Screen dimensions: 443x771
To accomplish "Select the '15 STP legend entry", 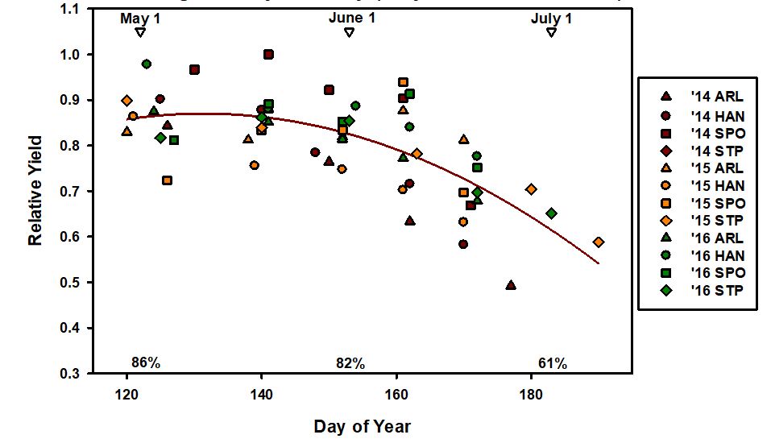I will [x=710, y=221].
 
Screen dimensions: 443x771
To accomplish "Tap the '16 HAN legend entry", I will [x=710, y=256].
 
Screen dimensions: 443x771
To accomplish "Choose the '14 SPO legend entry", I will [x=710, y=133].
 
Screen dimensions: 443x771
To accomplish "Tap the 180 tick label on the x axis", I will [x=532, y=395].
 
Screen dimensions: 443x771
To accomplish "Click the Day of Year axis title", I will [x=362, y=425].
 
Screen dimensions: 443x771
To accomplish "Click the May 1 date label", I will [x=140, y=18].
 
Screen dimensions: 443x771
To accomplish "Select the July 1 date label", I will [x=551, y=18].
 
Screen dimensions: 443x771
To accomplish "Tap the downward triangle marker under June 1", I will [x=349, y=32].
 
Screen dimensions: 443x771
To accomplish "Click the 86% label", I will [x=146, y=363].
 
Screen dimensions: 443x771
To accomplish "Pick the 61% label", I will [x=552, y=363].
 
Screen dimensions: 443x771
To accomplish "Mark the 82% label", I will [x=350, y=363].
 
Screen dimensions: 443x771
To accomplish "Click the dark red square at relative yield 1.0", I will [x=268, y=55].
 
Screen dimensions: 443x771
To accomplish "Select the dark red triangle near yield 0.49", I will [x=511, y=285].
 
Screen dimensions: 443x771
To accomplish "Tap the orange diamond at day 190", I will [x=599, y=242].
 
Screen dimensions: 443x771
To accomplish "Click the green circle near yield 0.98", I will [x=147, y=64].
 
